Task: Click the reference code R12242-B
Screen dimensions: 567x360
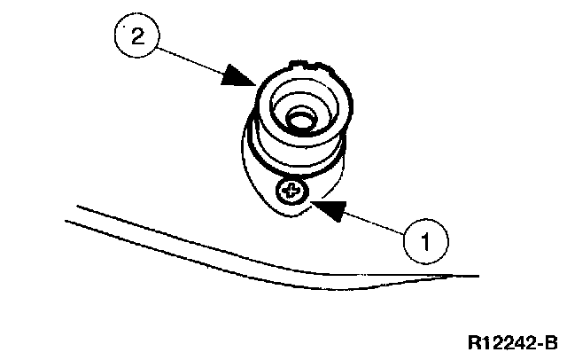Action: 513,341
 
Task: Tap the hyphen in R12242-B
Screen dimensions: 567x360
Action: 539,343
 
